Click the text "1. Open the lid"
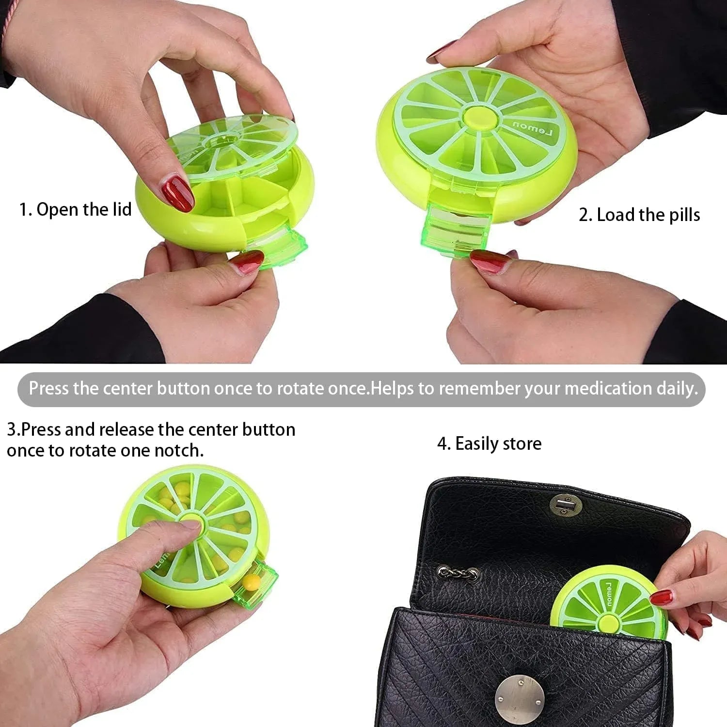point(76,210)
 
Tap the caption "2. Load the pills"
point(639,215)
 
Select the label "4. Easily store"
point(490,443)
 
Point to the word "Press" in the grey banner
point(49,388)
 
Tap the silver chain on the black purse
point(459,573)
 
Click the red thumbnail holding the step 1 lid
point(177,193)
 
